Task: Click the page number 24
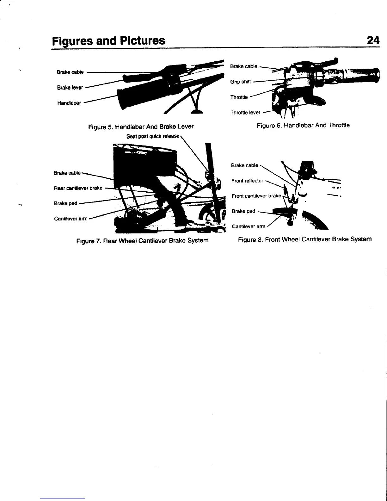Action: (373, 40)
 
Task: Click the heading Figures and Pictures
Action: (108, 41)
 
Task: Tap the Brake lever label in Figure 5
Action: (70, 88)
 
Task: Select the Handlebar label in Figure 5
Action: (69, 103)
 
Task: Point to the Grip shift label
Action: (240, 82)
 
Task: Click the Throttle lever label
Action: (245, 112)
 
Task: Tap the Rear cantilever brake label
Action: (78, 188)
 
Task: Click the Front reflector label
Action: (247, 181)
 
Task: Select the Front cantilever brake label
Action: (256, 196)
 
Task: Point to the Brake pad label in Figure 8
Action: (243, 211)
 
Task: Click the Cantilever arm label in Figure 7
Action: (71, 218)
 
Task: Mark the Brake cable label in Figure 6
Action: (243, 66)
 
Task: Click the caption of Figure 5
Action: (141, 127)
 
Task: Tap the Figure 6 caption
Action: (303, 125)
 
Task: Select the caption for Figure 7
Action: (142, 240)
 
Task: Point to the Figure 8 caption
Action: (304, 239)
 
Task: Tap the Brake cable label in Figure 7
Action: (67, 173)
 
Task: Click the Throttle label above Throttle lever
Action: (239, 97)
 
